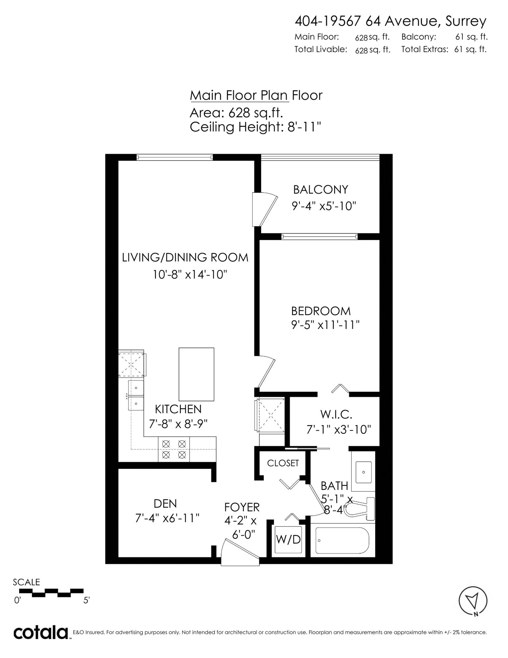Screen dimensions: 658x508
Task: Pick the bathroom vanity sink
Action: pyautogui.click(x=364, y=472)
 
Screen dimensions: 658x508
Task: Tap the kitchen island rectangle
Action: pyautogui.click(x=196, y=374)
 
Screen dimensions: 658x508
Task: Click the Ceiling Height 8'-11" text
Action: pyautogui.click(x=255, y=127)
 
